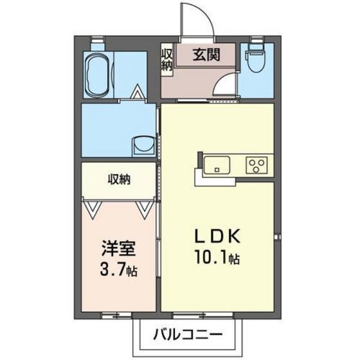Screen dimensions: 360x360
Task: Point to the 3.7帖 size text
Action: [119, 267]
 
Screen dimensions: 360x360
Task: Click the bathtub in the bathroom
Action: [99, 75]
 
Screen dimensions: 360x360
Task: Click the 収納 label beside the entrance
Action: [166, 59]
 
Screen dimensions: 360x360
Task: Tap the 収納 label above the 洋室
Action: [118, 180]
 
